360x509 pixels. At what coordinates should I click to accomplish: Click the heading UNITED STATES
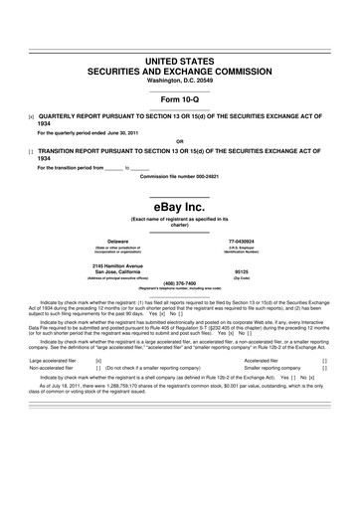point(180,61)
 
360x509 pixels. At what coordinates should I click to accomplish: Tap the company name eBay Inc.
point(180,206)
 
